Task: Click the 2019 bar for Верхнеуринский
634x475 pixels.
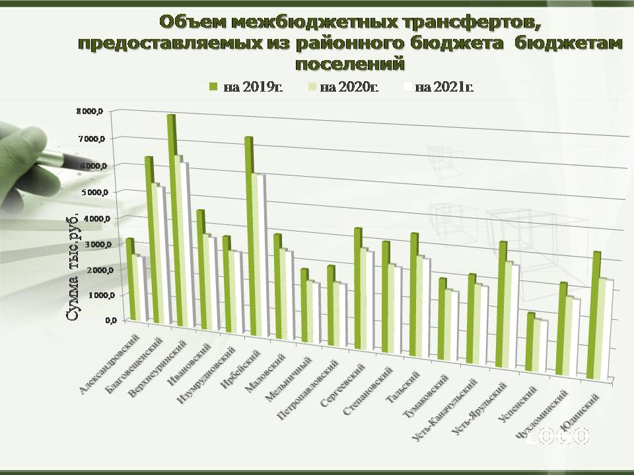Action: pos(170,218)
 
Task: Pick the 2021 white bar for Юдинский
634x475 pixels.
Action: pos(609,330)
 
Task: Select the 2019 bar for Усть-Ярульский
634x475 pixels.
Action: pos(502,303)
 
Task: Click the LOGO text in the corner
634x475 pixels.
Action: pos(558,435)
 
